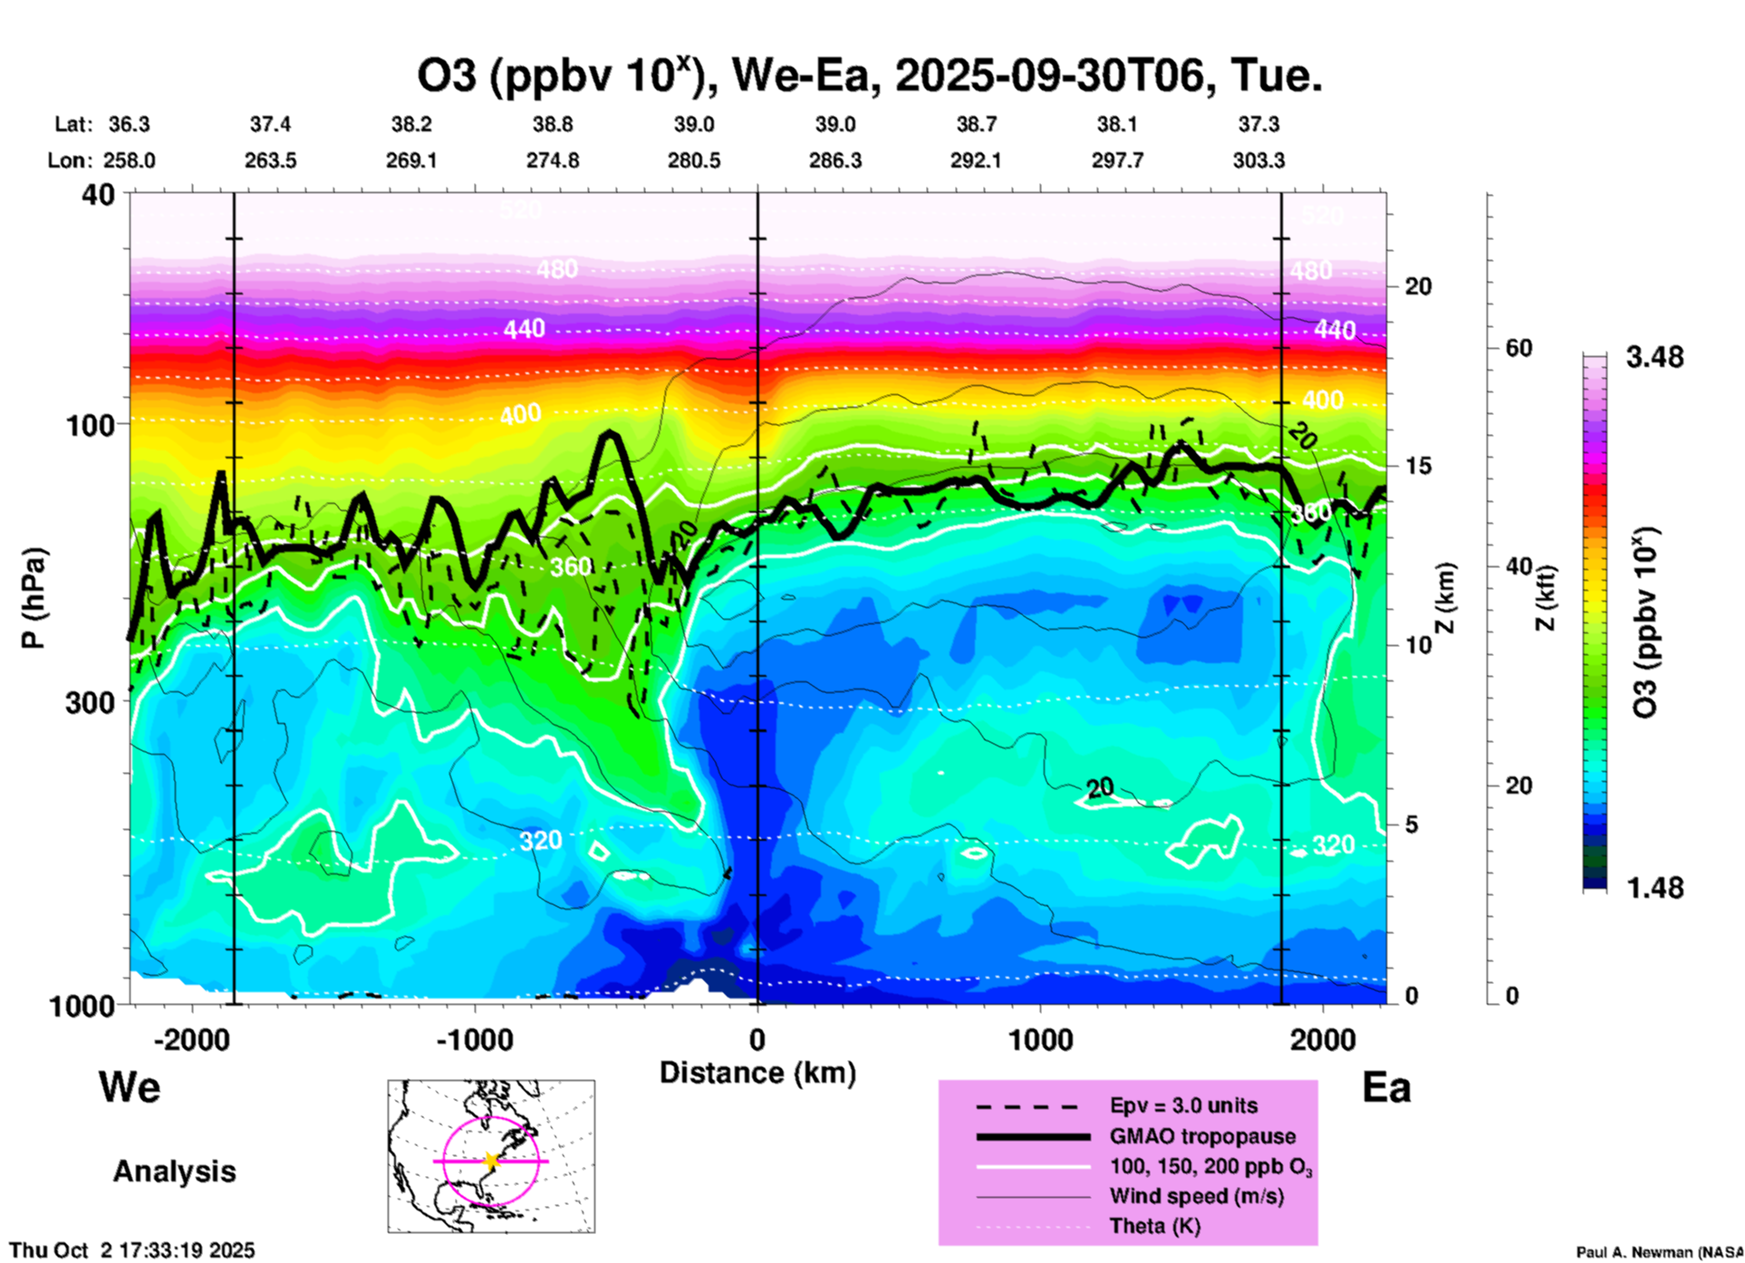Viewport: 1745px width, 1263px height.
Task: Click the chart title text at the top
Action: [x=869, y=75]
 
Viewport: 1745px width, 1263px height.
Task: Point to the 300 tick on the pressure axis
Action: [x=90, y=702]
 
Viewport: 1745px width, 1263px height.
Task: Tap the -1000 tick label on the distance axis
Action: [x=474, y=1039]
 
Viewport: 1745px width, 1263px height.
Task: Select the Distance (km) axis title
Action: [x=757, y=1073]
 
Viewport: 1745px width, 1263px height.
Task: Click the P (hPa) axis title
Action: [x=34, y=597]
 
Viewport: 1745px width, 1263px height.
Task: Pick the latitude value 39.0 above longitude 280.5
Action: [x=693, y=124]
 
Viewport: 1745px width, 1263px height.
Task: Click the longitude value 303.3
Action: [x=1258, y=160]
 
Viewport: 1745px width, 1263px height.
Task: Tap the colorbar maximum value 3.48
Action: [x=1654, y=357]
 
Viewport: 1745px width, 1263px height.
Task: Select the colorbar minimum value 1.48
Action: [x=1654, y=887]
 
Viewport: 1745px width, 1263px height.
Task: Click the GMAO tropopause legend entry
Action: [x=1202, y=1136]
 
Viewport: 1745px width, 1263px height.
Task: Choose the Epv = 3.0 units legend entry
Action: [x=1183, y=1106]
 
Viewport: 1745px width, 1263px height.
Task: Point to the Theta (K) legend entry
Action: [x=1154, y=1226]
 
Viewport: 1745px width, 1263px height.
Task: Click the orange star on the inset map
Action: [x=491, y=1161]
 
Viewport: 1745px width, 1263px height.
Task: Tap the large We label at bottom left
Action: [x=130, y=1086]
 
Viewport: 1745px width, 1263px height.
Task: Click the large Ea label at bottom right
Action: [x=1386, y=1087]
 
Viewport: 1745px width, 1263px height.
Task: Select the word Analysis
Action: [x=174, y=1171]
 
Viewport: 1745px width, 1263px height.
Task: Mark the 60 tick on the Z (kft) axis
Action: [x=1518, y=348]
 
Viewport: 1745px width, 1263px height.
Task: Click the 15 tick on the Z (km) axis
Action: [x=1418, y=466]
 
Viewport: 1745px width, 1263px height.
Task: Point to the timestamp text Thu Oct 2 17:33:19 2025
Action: [x=132, y=1250]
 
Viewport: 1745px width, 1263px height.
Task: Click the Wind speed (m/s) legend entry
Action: [x=1196, y=1196]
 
